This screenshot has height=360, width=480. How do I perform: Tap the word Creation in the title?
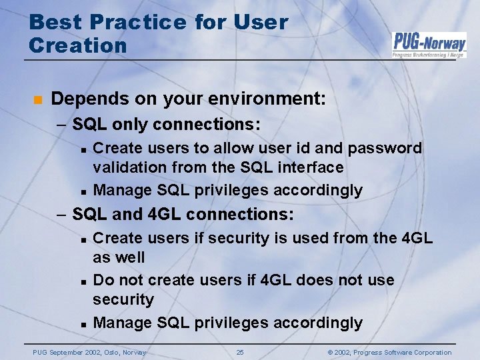(x=78, y=45)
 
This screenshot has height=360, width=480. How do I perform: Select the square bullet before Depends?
(x=37, y=100)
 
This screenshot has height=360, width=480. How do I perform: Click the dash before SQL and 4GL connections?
(x=61, y=215)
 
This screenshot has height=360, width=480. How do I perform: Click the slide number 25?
(x=240, y=352)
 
